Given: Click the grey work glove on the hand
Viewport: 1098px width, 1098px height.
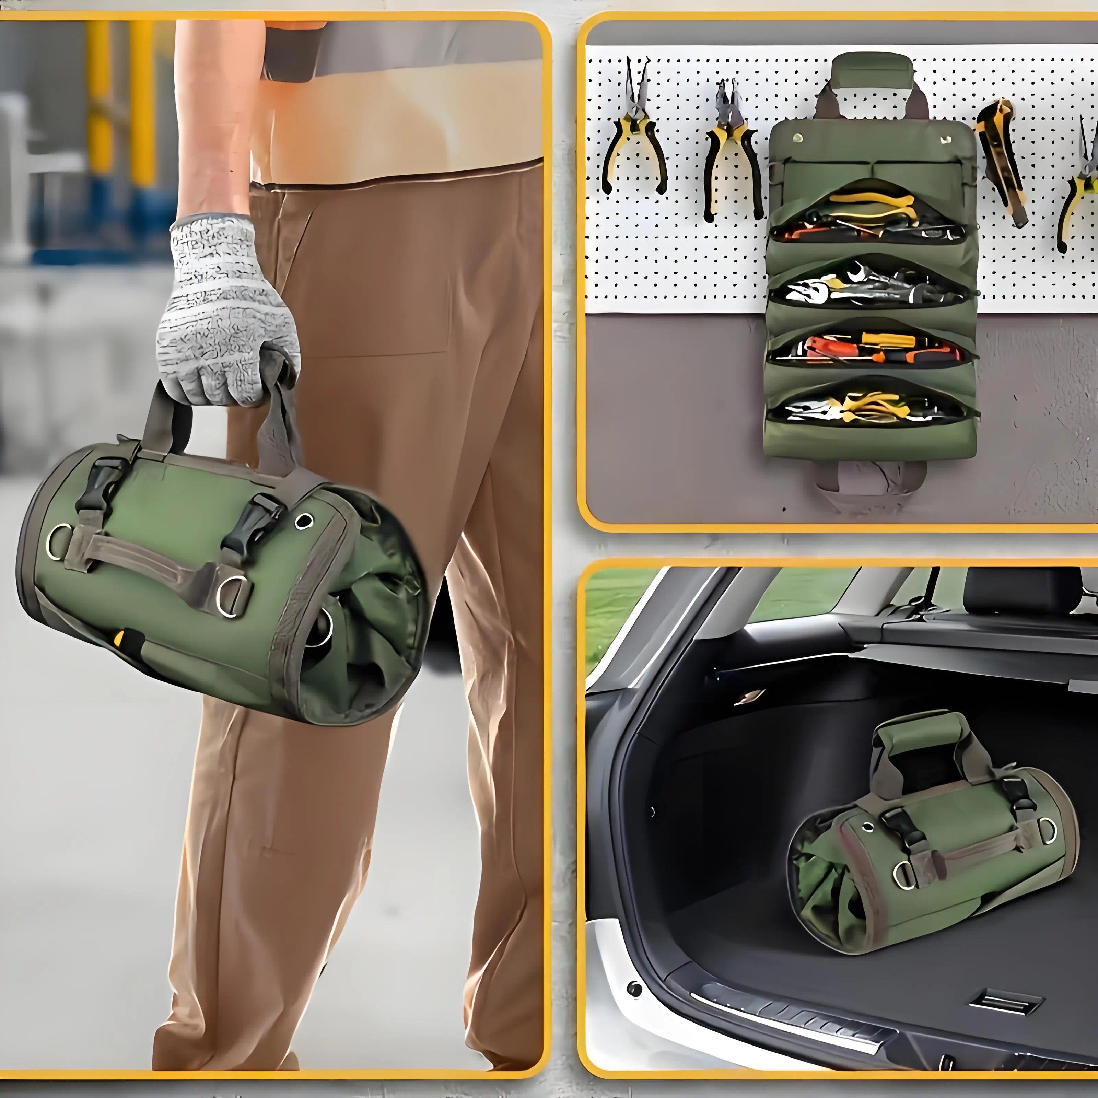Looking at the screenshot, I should point(227,307).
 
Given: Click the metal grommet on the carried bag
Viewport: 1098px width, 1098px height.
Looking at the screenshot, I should point(304,521).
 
